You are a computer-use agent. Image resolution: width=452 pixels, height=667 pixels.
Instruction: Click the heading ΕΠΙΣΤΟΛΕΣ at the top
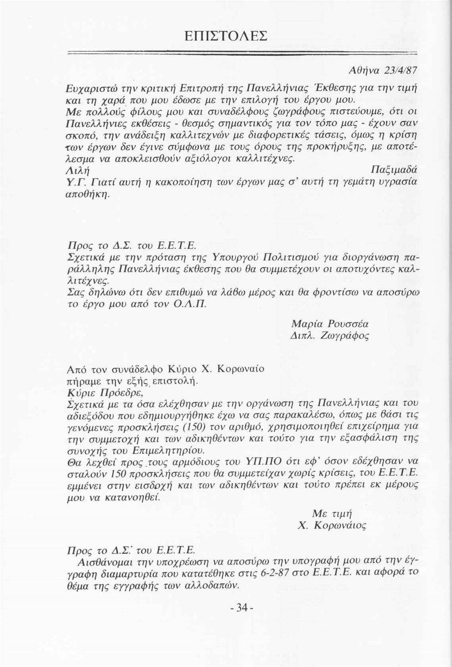[226, 35]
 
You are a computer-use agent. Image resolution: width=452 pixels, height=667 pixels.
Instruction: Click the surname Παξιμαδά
[394, 171]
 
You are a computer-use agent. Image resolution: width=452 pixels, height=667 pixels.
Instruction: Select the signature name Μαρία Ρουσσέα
[330, 324]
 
